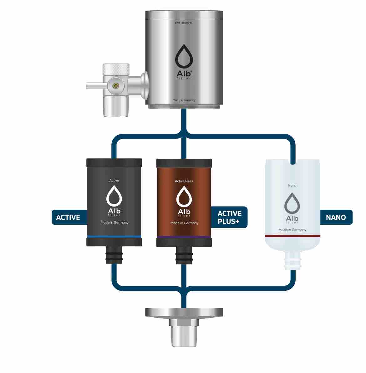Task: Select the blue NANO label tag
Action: click(336, 217)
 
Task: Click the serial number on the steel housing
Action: click(184, 23)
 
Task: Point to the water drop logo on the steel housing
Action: click(184, 56)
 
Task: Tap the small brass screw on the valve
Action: click(116, 85)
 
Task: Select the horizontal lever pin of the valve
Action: click(94, 85)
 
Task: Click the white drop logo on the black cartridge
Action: click(114, 196)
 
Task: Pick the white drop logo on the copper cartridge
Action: click(184, 196)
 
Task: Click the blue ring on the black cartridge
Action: click(114, 236)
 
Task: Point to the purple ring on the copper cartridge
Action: click(184, 237)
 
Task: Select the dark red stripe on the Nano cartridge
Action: click(292, 236)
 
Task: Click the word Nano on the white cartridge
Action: click(292, 186)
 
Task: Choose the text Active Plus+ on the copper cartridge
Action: click(184, 181)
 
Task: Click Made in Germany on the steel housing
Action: click(184, 100)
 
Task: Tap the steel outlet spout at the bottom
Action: click(184, 335)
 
